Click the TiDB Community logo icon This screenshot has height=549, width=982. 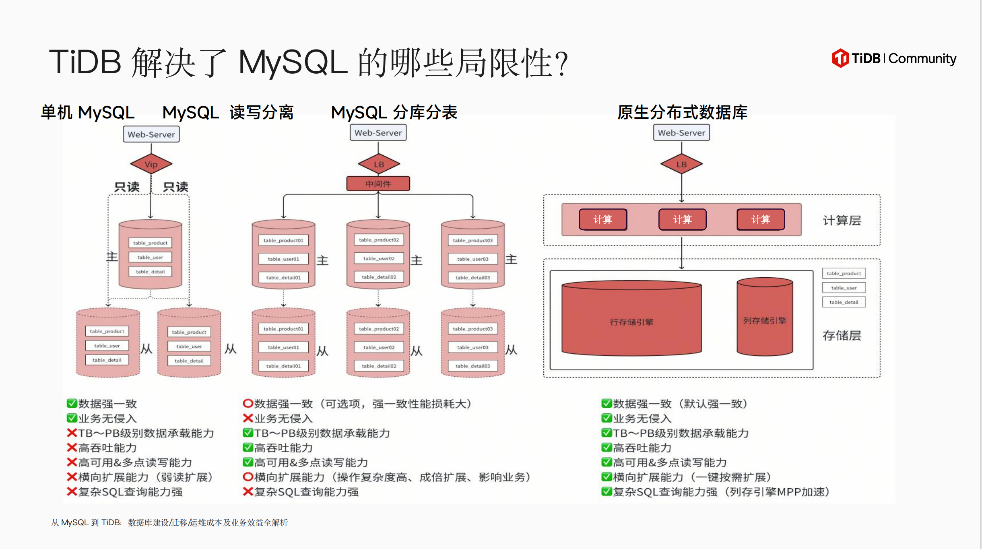tap(840, 58)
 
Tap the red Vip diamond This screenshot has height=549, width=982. tap(151, 164)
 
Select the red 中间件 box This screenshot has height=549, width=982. tap(378, 184)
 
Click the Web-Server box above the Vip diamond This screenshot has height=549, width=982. tap(151, 134)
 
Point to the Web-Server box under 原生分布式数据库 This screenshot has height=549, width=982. tap(681, 133)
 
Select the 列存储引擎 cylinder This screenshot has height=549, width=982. tap(764, 317)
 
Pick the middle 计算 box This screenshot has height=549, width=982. tap(682, 219)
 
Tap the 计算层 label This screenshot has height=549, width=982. tap(842, 221)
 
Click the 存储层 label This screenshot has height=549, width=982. tap(842, 335)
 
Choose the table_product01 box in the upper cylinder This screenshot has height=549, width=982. tap(283, 240)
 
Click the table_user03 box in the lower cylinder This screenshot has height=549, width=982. tap(472, 347)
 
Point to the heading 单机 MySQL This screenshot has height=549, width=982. tap(88, 112)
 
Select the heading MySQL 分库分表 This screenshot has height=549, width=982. tap(394, 112)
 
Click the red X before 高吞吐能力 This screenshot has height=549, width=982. tap(72, 448)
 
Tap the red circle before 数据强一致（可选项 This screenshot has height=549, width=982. tap(248, 403)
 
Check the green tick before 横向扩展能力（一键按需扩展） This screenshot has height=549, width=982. tap(606, 477)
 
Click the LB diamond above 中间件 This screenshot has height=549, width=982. tap(379, 164)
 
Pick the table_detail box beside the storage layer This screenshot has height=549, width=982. tap(844, 302)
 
